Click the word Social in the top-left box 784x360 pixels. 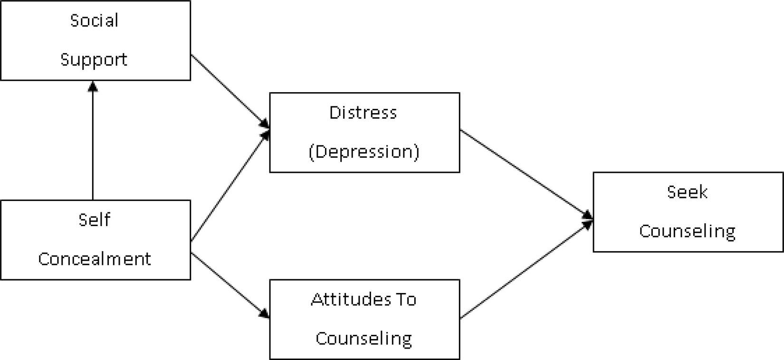point(94,20)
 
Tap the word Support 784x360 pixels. point(94,60)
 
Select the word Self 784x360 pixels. point(94,220)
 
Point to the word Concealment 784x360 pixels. point(94,259)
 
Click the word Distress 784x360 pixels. point(363,113)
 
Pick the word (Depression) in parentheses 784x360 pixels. point(364,152)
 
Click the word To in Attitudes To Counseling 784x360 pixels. point(406,300)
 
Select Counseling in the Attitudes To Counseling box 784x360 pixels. point(363,339)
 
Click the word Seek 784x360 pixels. point(687,192)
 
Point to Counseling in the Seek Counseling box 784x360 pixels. point(687,231)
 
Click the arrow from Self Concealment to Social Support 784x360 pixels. point(93,142)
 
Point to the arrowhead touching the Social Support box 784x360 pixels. point(93,86)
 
